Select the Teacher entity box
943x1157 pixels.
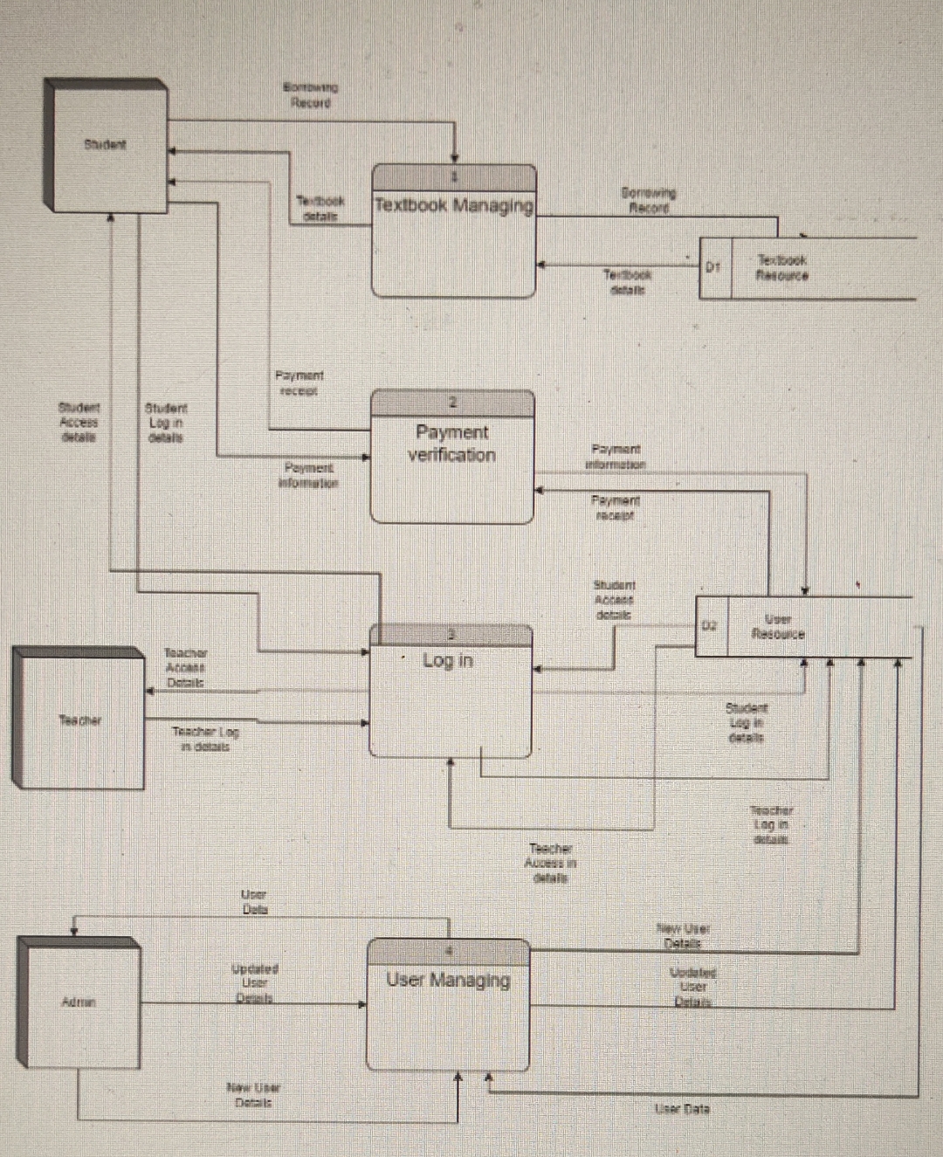pos(80,720)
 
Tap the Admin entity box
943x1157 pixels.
pos(79,1002)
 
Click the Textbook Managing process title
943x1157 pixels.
pos(453,206)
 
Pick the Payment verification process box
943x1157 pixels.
pos(451,458)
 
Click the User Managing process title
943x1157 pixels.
pos(448,980)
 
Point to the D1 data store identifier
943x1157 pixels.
pos(713,267)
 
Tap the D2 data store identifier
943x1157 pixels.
pos(710,626)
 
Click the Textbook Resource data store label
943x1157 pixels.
pos(781,267)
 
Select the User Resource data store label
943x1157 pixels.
pos(778,627)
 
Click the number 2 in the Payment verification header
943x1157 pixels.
pos(452,403)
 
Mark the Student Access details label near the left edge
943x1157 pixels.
pos(79,422)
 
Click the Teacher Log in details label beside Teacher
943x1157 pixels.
pos(205,739)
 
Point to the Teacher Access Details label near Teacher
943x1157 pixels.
pos(185,667)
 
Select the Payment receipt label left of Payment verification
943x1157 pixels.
pos(299,383)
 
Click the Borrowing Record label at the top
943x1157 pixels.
pos(311,95)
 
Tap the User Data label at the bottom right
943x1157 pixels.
pos(683,1109)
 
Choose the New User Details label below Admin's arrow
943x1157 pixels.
pos(253,1095)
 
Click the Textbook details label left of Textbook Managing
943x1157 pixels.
pos(320,208)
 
